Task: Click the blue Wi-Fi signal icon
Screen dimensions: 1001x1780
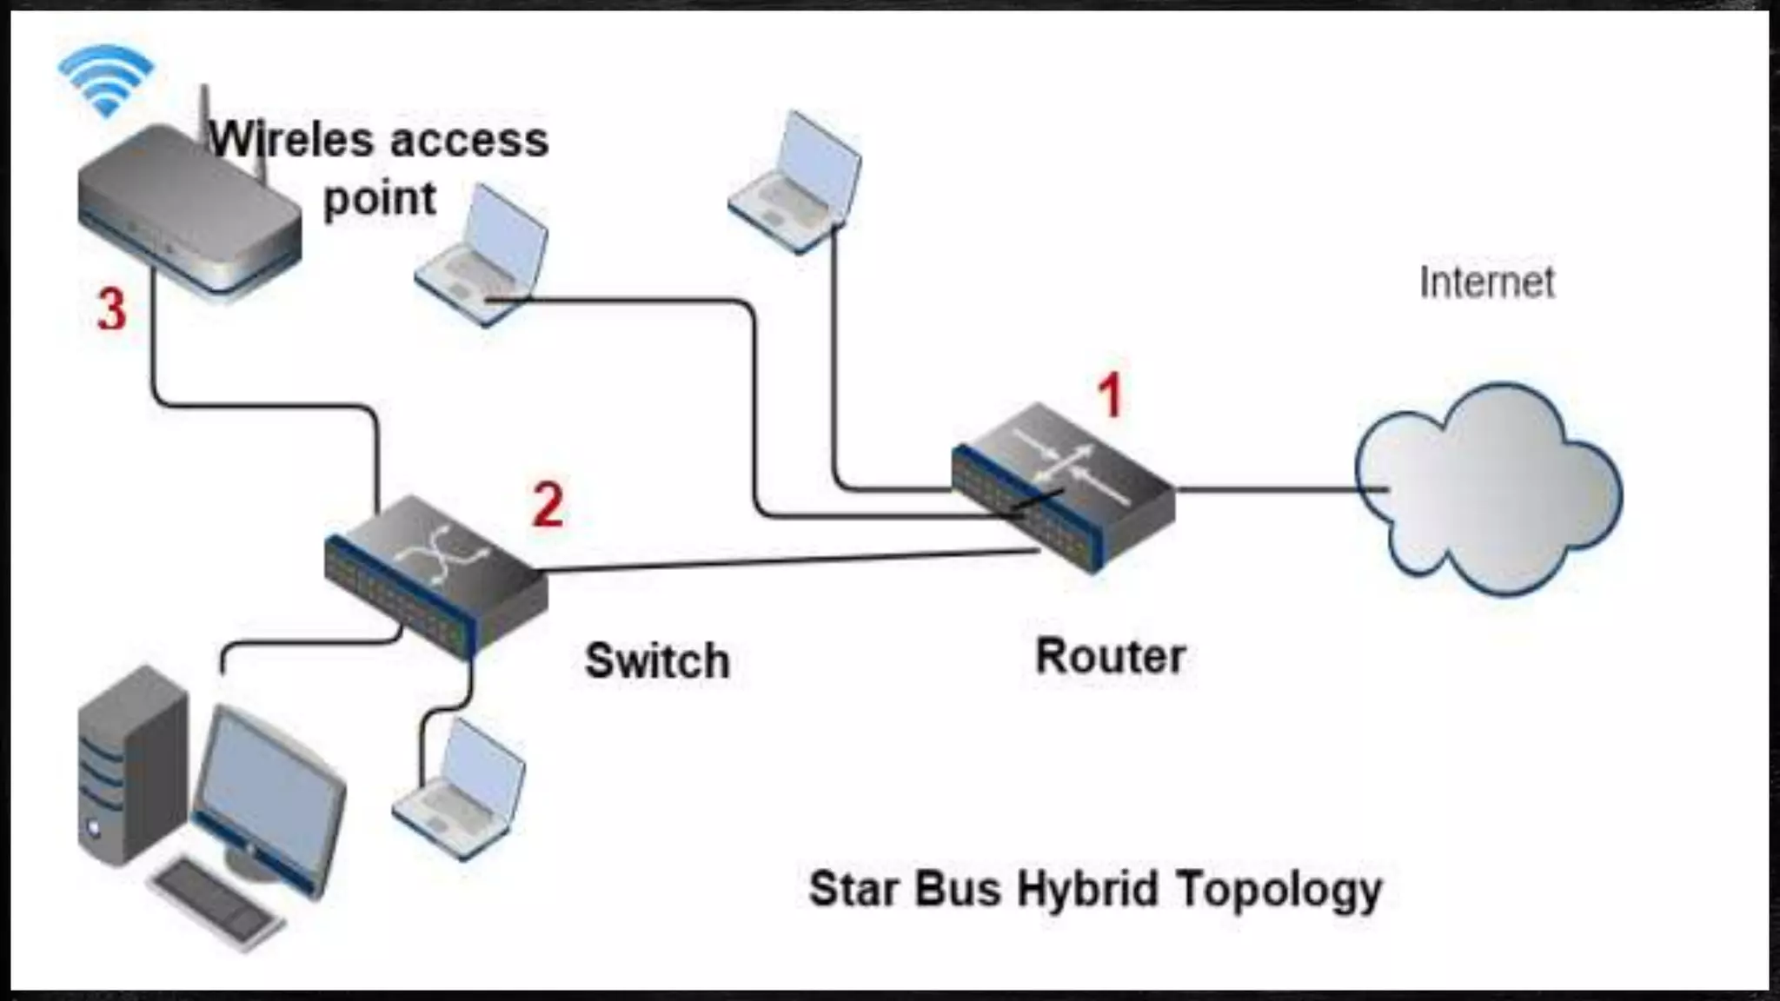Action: pyautogui.click(x=106, y=80)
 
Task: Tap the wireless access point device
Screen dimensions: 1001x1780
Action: pyautogui.click(x=187, y=213)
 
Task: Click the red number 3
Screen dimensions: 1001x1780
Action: pyautogui.click(x=111, y=310)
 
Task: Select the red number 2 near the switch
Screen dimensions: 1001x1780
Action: pyautogui.click(x=548, y=504)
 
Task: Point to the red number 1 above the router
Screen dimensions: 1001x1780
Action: pyautogui.click(x=1110, y=396)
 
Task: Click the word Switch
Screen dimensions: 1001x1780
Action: pyautogui.click(x=656, y=661)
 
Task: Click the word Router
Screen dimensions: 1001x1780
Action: pyautogui.click(x=1110, y=656)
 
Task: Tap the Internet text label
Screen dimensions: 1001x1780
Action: pyautogui.click(x=1486, y=282)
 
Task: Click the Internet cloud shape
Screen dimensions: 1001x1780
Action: pyautogui.click(x=1488, y=491)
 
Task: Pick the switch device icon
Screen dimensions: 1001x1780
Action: pyautogui.click(x=435, y=573)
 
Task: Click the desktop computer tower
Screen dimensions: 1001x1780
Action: pyautogui.click(x=130, y=765)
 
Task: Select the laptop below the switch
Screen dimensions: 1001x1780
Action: pyautogui.click(x=461, y=791)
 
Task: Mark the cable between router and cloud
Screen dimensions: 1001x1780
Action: pyautogui.click(x=1269, y=489)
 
